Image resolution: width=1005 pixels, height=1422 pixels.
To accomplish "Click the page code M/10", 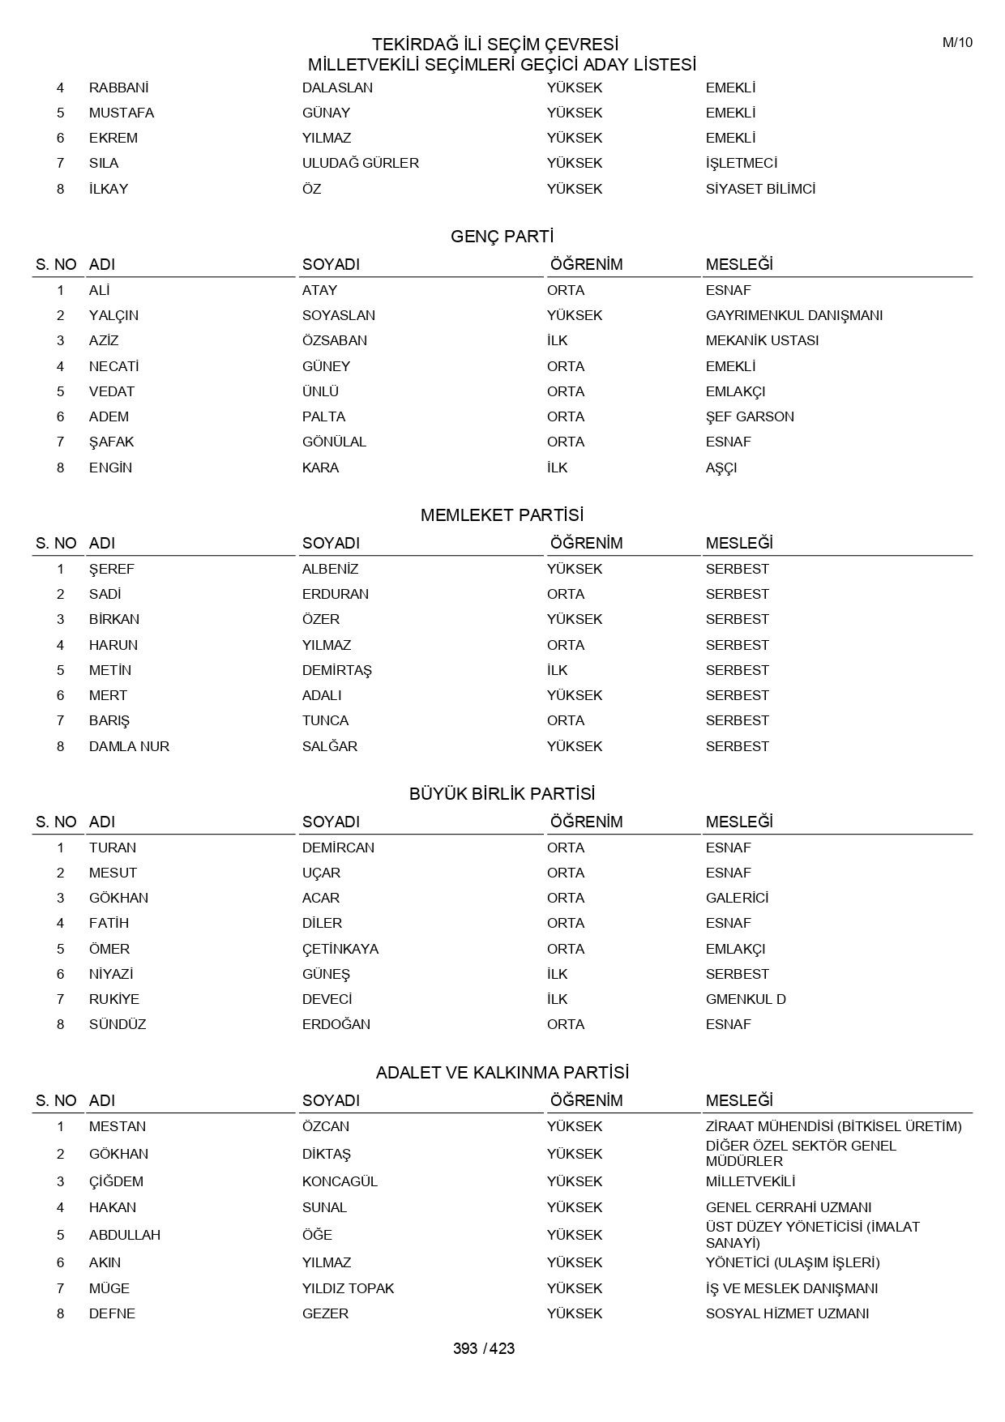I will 956,43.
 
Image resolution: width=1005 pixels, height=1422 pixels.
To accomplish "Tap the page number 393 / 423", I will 484,1348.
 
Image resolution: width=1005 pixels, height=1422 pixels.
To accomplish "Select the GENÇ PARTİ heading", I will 502,237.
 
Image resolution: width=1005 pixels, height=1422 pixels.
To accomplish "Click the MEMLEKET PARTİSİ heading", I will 502,515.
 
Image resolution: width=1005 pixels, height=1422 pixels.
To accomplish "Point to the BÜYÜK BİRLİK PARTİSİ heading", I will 502,794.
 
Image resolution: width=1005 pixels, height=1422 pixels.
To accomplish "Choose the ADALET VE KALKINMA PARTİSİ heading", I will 502,1073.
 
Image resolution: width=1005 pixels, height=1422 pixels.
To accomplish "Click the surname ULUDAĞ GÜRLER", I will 361,163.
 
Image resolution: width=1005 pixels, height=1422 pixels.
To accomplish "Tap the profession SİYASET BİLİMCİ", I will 760,189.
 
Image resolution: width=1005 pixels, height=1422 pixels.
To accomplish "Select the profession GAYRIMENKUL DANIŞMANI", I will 793,315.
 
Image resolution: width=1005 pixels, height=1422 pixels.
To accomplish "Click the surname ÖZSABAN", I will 335,340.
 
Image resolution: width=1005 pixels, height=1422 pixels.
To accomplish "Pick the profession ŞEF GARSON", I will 750,416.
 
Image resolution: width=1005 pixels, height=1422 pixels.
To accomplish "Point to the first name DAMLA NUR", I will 129,746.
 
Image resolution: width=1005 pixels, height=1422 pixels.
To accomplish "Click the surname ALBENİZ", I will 330,569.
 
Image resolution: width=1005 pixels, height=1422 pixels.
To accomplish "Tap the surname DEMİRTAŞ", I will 336,670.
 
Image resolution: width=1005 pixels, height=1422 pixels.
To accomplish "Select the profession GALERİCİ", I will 737,898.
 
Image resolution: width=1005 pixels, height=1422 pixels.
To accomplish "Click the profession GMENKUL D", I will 746,999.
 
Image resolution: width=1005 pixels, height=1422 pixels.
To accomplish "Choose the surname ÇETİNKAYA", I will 340,949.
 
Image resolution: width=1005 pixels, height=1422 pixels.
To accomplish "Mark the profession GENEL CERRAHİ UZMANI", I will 789,1207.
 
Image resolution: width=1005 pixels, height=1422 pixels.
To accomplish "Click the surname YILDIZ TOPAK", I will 348,1288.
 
